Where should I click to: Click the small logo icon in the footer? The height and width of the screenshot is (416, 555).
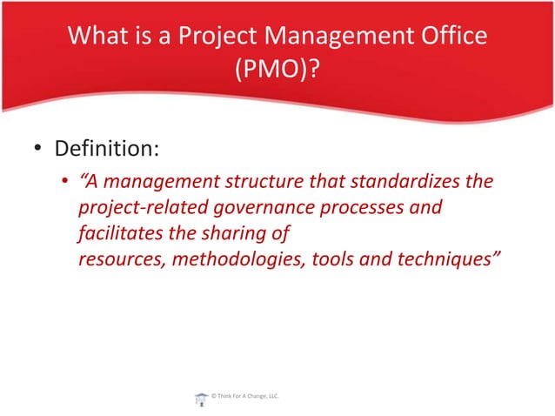click(202, 398)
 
